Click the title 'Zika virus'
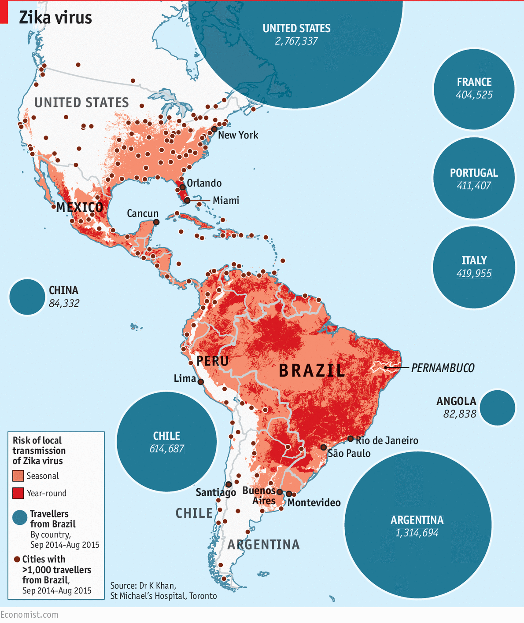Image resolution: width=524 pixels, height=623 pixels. click(55, 18)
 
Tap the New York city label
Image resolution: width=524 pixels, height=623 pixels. click(238, 135)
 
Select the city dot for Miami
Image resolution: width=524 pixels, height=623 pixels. click(187, 200)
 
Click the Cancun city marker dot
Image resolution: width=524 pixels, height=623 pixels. click(156, 222)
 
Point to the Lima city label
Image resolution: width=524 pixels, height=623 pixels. click(185, 378)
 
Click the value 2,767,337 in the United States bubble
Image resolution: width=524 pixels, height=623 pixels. click(296, 41)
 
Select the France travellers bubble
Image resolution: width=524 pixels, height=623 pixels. click(474, 89)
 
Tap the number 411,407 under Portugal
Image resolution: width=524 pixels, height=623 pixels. click(474, 186)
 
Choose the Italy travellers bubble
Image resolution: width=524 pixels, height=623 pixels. click(474, 267)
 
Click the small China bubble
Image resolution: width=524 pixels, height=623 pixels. click(27, 297)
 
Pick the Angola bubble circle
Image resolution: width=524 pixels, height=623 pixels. click(498, 408)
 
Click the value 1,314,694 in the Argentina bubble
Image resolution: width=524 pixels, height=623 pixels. click(417, 533)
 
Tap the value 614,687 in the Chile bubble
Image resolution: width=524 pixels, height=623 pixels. click(166, 449)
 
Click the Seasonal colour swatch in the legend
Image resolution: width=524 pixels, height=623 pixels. click(18, 476)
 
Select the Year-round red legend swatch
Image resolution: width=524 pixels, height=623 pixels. click(18, 493)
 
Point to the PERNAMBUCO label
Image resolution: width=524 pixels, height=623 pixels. click(443, 368)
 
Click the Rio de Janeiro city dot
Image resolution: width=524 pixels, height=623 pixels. click(351, 439)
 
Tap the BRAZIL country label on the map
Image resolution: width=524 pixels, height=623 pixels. click(312, 370)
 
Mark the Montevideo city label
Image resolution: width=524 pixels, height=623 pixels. click(314, 502)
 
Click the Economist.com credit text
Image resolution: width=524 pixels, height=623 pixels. click(29, 615)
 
